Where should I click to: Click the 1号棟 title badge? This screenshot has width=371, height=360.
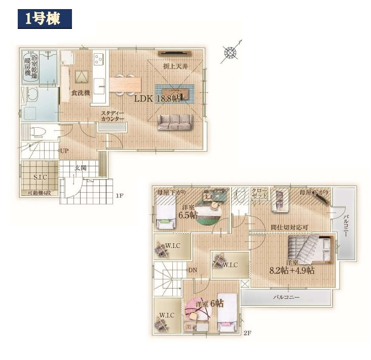[x=45, y=19]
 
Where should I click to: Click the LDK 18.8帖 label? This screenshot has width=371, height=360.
[x=157, y=99]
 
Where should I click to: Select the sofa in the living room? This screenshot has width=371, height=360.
[x=175, y=122]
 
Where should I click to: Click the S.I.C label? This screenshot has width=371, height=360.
[x=40, y=177]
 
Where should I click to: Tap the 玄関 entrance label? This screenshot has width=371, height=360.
[x=81, y=168]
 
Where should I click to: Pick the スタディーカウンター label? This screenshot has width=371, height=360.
[x=113, y=116]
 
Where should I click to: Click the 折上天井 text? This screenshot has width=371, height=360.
[x=175, y=66]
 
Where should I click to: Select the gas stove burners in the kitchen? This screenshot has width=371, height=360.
[x=98, y=59]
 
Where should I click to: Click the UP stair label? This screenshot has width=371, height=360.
[x=64, y=151]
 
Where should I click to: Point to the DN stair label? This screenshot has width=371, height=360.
[x=193, y=270]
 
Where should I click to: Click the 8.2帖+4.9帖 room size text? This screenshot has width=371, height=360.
[x=292, y=270]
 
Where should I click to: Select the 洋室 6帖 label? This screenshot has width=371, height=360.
[x=210, y=304]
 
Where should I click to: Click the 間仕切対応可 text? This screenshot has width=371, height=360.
[x=289, y=228]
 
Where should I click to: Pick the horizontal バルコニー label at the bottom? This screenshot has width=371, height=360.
[x=286, y=297]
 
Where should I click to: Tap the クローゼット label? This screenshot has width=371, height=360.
[x=259, y=193]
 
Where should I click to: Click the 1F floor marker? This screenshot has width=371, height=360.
[x=120, y=196]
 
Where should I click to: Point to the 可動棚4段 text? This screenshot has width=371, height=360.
[x=40, y=193]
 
